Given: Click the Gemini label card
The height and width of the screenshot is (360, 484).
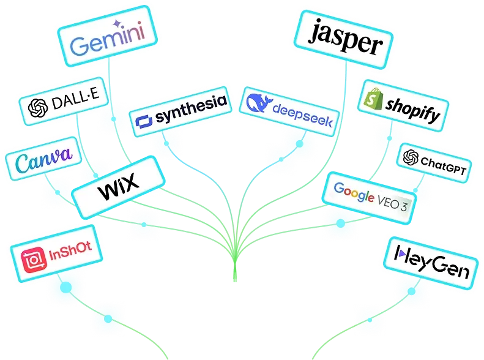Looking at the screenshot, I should pyautogui.click(x=108, y=38).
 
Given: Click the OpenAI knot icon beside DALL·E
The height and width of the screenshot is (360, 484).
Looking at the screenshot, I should pyautogui.click(x=38, y=108).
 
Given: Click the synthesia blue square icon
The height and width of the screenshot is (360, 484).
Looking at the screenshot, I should pyautogui.click(x=144, y=121).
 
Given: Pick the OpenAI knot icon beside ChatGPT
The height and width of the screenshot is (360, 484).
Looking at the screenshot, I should pyautogui.click(x=411, y=158).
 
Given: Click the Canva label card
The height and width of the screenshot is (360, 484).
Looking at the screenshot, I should pyautogui.click(x=43, y=162).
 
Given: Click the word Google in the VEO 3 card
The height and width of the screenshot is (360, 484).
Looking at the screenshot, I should pyautogui.click(x=354, y=194).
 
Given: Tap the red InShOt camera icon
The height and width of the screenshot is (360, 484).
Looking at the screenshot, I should pyautogui.click(x=31, y=261).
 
